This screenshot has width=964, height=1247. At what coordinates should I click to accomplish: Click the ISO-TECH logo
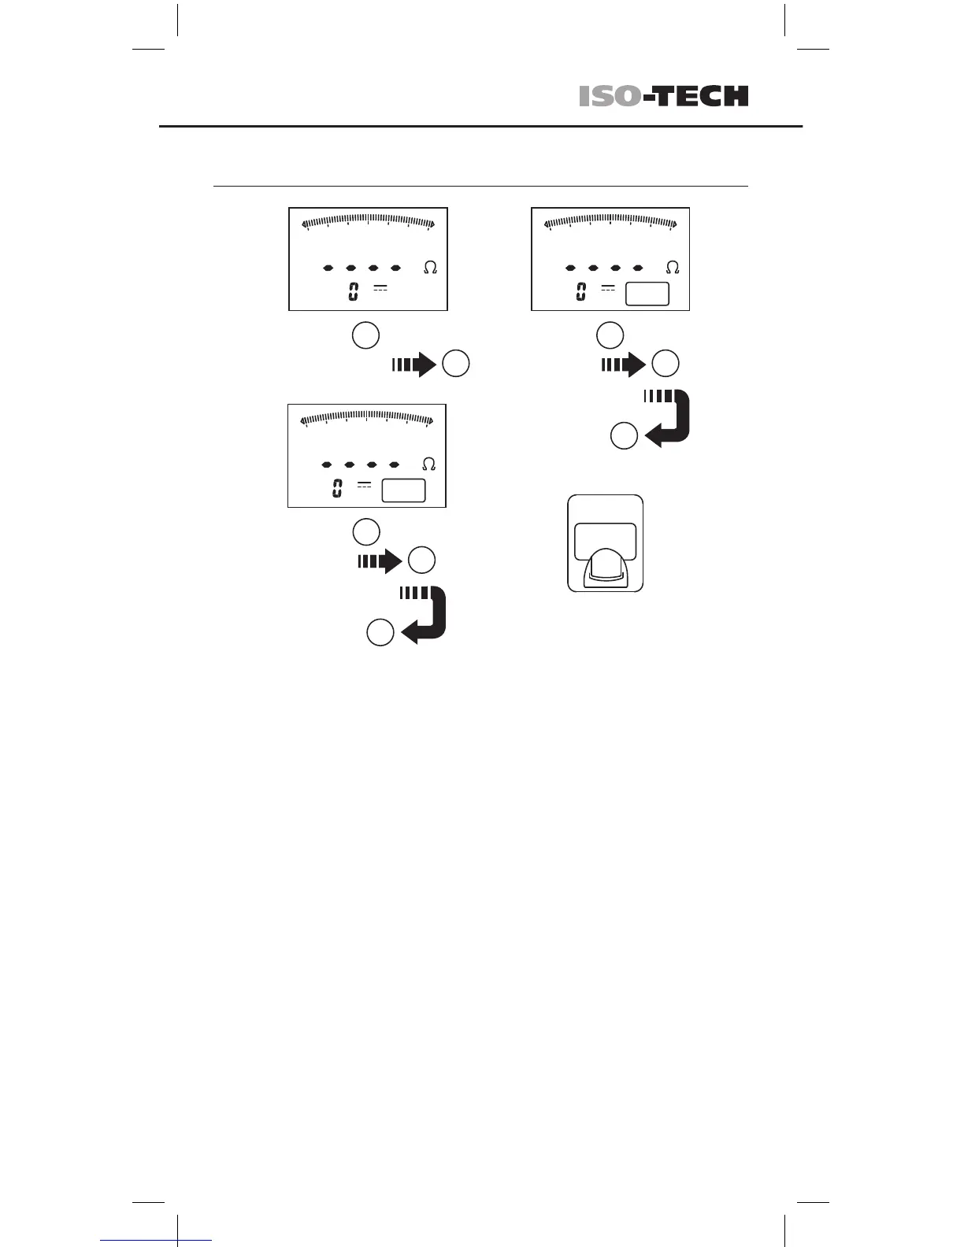click(x=663, y=96)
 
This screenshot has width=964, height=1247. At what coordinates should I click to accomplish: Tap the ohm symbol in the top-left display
click(x=430, y=268)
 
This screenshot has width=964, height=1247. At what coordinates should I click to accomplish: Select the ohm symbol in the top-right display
click(x=673, y=268)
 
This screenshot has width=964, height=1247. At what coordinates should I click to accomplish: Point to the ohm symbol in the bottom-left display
click(x=429, y=464)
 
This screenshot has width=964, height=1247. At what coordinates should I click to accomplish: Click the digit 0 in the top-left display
click(x=354, y=292)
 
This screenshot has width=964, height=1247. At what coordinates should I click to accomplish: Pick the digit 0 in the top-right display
click(x=580, y=292)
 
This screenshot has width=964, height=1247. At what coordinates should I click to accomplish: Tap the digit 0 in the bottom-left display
click(x=336, y=489)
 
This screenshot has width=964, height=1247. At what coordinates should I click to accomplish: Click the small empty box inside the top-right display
click(x=647, y=294)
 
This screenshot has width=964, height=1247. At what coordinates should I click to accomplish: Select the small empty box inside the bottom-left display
click(x=403, y=490)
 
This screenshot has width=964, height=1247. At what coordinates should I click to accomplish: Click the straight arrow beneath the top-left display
click(x=414, y=364)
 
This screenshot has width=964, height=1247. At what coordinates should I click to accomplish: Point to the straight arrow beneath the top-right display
click(x=624, y=364)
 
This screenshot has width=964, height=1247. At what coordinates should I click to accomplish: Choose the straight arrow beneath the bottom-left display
click(x=380, y=561)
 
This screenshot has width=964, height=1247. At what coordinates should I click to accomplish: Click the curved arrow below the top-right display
click(x=670, y=417)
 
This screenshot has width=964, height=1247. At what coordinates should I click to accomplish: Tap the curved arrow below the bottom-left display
click(x=426, y=614)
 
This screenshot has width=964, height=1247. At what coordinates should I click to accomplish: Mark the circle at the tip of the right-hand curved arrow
click(x=625, y=436)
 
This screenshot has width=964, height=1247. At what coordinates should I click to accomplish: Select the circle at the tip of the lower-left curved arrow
click(x=380, y=633)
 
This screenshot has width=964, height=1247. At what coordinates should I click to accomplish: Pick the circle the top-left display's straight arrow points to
click(x=456, y=364)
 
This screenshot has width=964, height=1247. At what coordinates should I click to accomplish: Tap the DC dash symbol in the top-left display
click(x=380, y=288)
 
